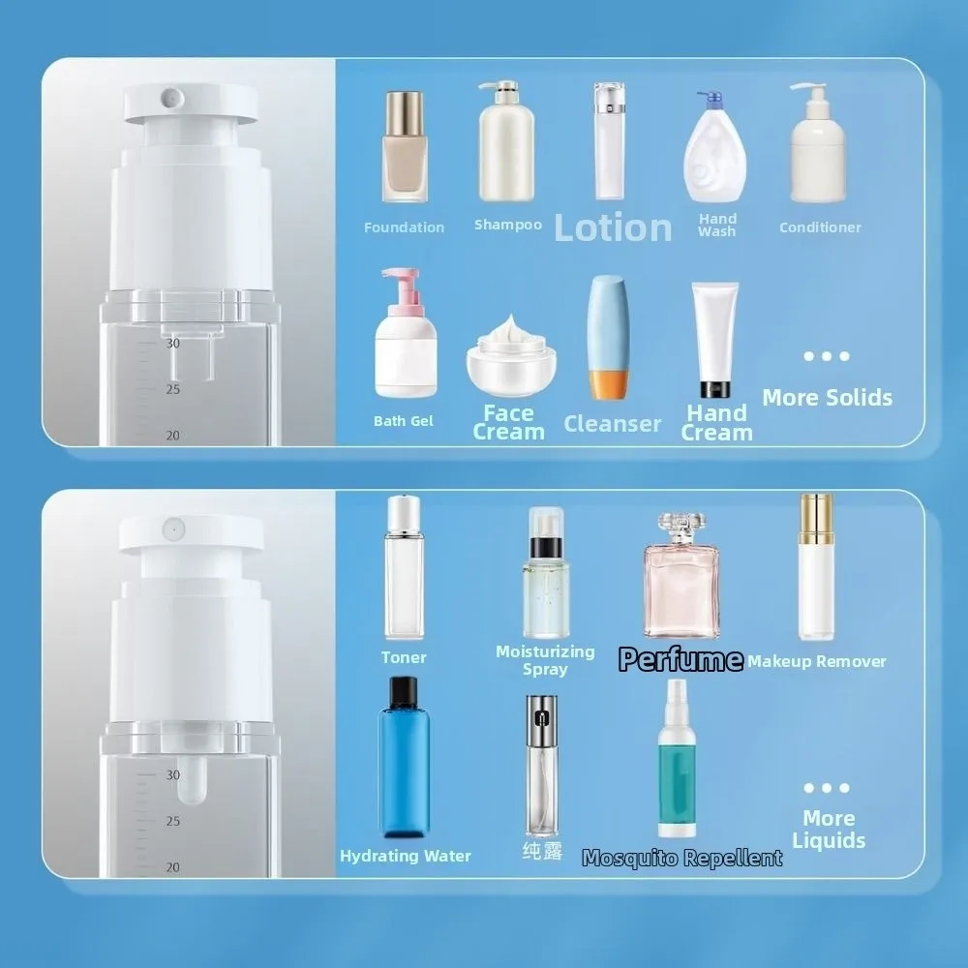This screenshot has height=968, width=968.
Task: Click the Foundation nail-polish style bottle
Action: click(x=405, y=146)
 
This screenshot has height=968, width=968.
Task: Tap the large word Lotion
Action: click(x=613, y=227)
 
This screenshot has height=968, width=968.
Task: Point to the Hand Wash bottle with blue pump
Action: click(x=715, y=147)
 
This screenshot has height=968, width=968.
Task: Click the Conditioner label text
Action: click(x=820, y=227)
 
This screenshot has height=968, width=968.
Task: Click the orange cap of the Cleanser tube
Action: click(x=609, y=384)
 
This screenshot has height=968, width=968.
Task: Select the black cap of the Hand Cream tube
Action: click(x=715, y=389)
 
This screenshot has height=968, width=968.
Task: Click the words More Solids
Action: click(x=828, y=398)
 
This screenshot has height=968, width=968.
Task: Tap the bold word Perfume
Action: click(x=681, y=659)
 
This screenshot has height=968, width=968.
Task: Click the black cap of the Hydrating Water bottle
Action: click(x=404, y=692)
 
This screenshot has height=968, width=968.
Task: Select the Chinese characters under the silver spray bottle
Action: click(x=543, y=851)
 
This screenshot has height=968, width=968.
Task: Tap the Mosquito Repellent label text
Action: click(x=682, y=858)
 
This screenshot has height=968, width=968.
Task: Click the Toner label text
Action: click(x=404, y=657)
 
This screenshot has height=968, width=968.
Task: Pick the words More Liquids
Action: click(x=829, y=830)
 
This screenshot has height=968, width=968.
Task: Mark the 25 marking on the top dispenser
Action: click(x=173, y=389)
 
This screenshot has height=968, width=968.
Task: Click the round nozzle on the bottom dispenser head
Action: click(x=173, y=529)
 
